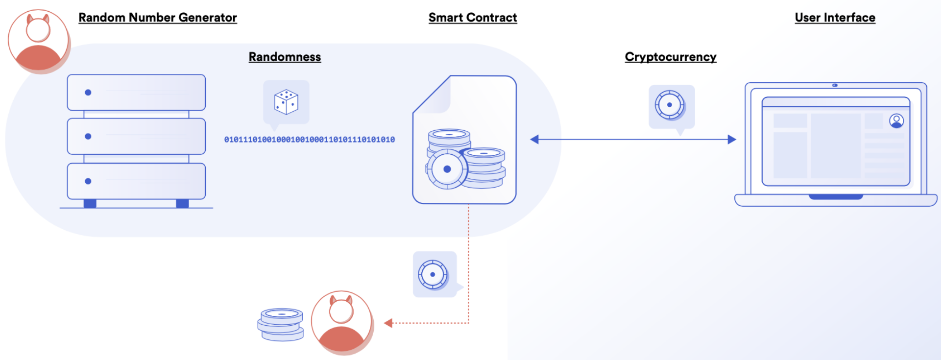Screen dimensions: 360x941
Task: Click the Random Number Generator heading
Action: [x=157, y=18]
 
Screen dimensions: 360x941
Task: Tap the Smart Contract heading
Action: [x=472, y=18]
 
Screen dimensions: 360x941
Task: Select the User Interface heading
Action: [x=835, y=18]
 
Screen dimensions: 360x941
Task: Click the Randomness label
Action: [x=285, y=57]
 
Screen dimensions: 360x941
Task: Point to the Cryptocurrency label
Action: [x=670, y=57]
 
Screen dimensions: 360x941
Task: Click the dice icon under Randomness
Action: [x=286, y=101]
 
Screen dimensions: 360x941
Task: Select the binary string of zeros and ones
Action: [x=309, y=140]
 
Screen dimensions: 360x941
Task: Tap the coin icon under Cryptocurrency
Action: [x=670, y=105]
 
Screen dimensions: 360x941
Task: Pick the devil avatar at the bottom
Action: [x=341, y=322]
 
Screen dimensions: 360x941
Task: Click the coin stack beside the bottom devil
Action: [x=281, y=324]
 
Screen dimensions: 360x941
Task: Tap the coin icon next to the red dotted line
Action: [x=433, y=274]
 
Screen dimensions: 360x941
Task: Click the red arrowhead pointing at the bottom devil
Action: [x=388, y=323]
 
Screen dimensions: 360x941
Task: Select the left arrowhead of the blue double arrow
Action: [x=534, y=140]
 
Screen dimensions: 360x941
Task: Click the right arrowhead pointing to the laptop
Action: [x=732, y=140]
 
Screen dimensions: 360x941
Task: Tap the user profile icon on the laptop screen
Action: [x=896, y=120]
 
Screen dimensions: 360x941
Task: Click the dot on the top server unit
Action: [x=88, y=93]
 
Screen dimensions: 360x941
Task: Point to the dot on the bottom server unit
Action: [x=88, y=181]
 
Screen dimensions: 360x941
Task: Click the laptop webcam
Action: [x=835, y=85]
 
